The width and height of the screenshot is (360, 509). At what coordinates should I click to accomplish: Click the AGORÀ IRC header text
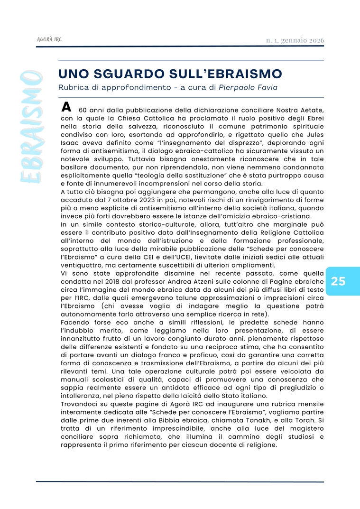[x=49, y=39]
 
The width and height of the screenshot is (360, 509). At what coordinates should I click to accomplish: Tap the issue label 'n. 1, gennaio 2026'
[x=295, y=40]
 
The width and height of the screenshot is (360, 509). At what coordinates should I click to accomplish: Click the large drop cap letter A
[x=66, y=106]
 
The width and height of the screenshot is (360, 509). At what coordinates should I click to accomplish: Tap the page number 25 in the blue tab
[x=338, y=281]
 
